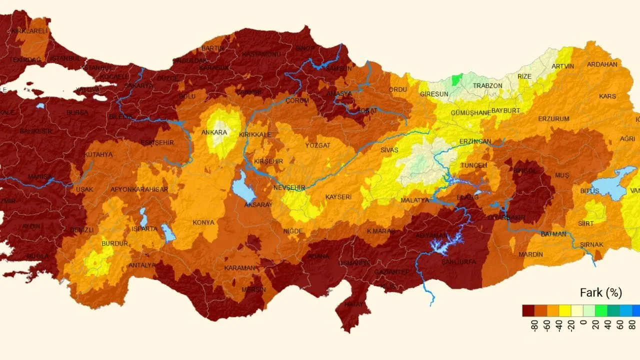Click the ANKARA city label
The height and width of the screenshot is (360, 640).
coord(214,132)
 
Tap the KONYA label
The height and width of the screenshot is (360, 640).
coord(203,222)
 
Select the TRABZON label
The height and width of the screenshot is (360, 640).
coord(487,85)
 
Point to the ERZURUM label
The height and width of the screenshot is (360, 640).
coord(553,119)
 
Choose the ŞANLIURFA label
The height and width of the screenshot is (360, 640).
coord(458,262)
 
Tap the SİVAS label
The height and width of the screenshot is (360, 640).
coord(389,149)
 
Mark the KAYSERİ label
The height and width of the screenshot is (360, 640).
coord(338,197)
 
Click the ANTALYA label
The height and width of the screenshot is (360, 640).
coord(142,265)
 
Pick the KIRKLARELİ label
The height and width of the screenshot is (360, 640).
coord(29,31)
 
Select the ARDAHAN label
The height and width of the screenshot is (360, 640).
coord(602,64)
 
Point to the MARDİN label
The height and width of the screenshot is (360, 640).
coord(530,254)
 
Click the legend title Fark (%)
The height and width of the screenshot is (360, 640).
coord(600,292)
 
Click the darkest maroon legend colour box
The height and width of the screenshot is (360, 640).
coord(528,310)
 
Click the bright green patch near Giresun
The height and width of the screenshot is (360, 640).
coord(456,79)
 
